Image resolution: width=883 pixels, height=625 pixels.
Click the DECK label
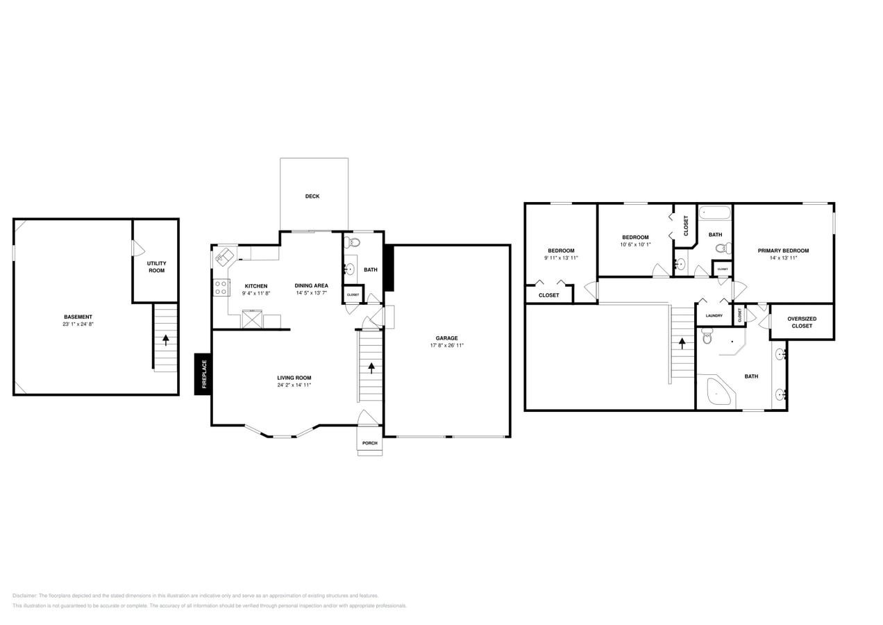(x=312, y=197)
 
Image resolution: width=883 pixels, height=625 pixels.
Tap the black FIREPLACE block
(x=203, y=374)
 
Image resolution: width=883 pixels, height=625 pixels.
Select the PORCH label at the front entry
(x=369, y=443)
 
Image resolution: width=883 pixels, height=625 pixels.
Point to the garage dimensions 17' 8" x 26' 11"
(x=446, y=346)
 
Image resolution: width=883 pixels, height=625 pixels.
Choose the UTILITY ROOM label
(x=156, y=267)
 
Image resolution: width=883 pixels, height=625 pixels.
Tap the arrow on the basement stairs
(x=165, y=340)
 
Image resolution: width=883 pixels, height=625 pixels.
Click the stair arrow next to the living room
(x=371, y=367)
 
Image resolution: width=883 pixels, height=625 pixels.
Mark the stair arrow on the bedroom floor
(x=682, y=343)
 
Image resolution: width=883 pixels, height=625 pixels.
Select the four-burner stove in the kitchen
(x=221, y=287)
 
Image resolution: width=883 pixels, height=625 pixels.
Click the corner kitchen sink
(x=224, y=257)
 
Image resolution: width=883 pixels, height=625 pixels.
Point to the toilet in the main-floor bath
(x=353, y=242)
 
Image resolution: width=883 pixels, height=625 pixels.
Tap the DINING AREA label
(x=311, y=285)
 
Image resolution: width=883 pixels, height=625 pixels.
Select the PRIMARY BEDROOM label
(x=783, y=251)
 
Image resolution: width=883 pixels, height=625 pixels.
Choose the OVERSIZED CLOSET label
(x=802, y=322)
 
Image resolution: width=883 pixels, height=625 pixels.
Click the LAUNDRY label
(x=714, y=316)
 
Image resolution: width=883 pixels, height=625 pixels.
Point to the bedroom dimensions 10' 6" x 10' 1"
(x=635, y=244)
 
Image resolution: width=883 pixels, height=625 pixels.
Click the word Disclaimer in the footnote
(x=24, y=596)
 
